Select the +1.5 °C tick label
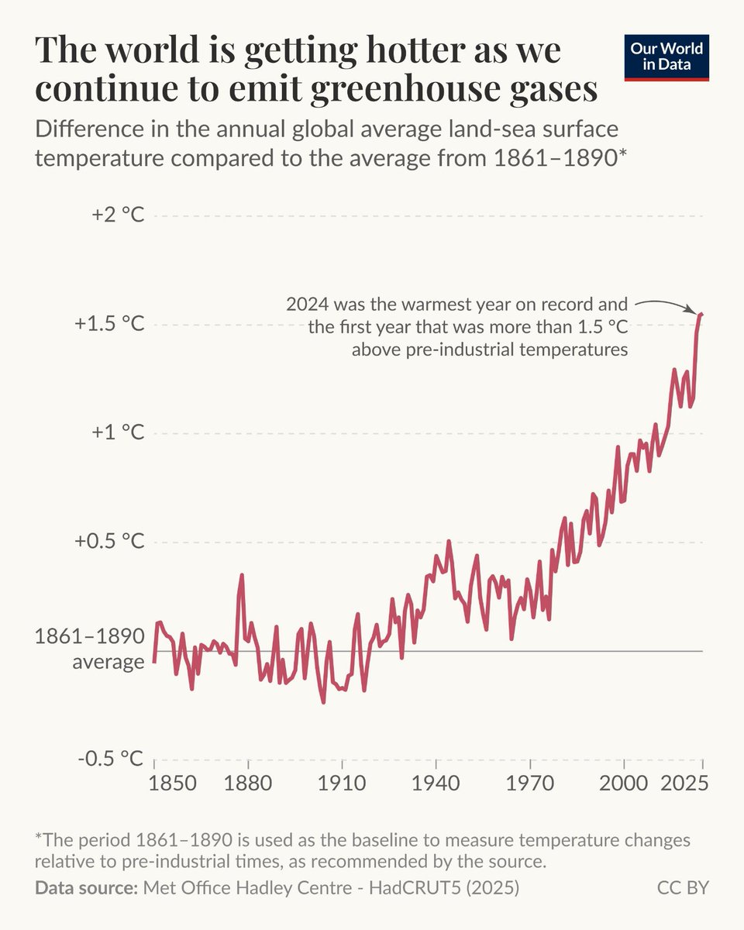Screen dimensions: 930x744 pos(109,324)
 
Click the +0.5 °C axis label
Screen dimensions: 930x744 pos(109,541)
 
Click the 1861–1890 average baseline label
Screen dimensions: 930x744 pos(90,649)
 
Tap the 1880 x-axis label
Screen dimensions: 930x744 pos(247,784)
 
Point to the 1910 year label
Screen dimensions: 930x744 pos(341,784)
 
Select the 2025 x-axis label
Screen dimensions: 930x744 pos(684,784)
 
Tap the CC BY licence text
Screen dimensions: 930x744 pos(683,887)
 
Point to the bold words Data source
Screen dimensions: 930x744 pos(86,887)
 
